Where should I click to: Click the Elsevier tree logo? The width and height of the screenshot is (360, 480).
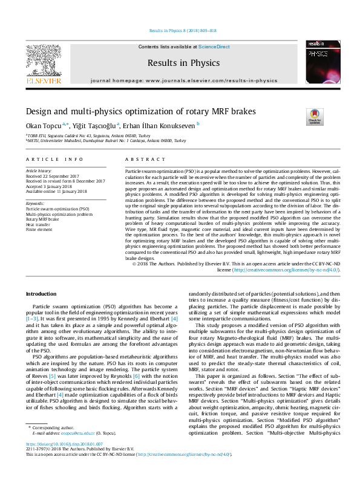point(43,61)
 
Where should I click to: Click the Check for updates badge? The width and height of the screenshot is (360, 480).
point(315,115)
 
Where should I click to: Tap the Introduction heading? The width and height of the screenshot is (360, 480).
point(41,294)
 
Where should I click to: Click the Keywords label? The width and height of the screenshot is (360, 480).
point(35,203)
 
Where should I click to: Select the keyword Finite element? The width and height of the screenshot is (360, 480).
point(39,230)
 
